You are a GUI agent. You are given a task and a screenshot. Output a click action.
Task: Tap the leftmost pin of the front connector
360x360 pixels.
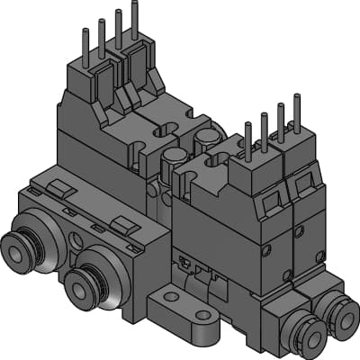tap(247, 139)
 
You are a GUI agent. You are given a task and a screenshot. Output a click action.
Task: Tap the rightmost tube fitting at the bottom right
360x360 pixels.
tap(340, 317)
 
